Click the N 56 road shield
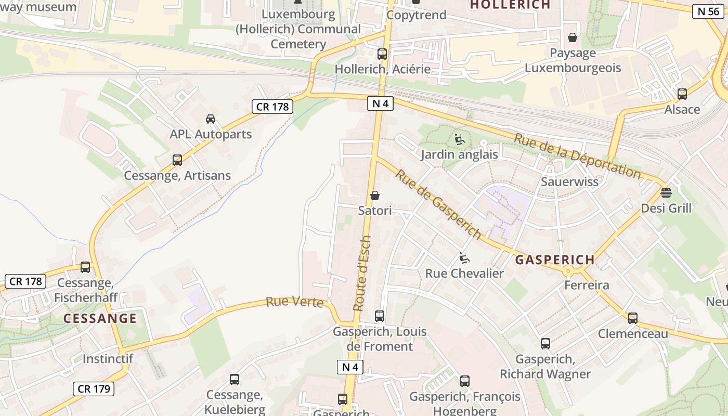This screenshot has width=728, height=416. click(x=708, y=11)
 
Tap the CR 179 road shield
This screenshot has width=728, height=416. click(x=94, y=388)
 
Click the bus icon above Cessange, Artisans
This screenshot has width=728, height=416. click(x=177, y=160)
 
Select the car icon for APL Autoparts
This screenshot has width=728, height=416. click(x=211, y=119)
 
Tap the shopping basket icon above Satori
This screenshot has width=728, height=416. click(x=375, y=196)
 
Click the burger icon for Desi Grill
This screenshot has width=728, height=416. click(x=666, y=193)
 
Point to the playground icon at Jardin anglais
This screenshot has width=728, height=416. click(x=460, y=139)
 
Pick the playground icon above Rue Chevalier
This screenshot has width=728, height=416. click(x=464, y=257)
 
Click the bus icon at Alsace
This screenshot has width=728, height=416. click(x=682, y=94)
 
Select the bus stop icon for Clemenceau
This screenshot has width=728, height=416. click(x=633, y=318)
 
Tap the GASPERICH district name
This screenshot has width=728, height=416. click(x=555, y=260)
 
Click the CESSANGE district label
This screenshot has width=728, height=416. click(x=100, y=318)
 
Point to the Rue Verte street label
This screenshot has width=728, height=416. click(x=295, y=302)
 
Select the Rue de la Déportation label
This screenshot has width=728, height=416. click(x=577, y=155)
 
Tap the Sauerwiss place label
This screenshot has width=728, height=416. click(x=569, y=182)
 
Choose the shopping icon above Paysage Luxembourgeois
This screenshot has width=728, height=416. click(x=573, y=37)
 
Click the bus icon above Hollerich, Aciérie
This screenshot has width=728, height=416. click(x=382, y=54)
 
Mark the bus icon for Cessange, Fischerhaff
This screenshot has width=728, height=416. click(x=85, y=267)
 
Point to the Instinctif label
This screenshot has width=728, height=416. click(x=108, y=359)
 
